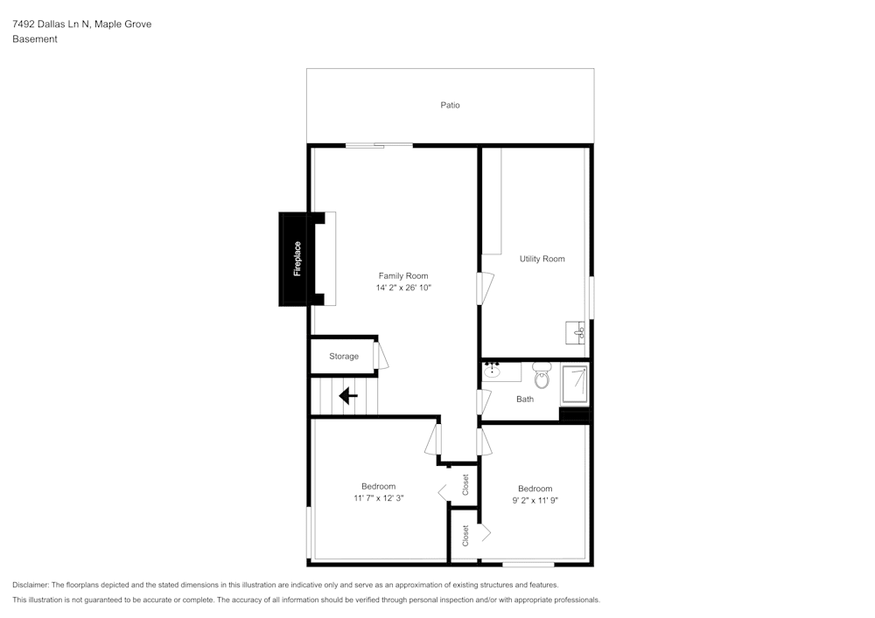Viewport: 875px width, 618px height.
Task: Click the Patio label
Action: (450, 105)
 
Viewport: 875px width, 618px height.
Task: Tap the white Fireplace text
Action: (297, 259)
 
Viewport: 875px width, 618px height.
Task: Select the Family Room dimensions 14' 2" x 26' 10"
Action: (403, 288)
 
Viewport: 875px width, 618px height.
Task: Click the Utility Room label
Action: (542, 259)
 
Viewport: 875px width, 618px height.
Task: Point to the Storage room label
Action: (344, 357)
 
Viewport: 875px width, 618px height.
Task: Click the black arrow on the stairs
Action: (348, 396)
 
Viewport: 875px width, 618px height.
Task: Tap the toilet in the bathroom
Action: (542, 378)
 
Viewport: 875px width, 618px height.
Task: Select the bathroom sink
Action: (493, 371)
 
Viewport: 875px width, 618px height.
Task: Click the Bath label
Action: (525, 399)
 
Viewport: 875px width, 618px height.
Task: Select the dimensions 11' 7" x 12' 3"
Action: (379, 498)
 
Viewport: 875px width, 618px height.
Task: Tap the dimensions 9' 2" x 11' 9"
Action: (535, 501)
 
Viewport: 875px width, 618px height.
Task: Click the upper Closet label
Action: (465, 484)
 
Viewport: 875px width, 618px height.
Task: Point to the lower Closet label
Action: (465, 534)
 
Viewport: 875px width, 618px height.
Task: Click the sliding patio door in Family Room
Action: (378, 145)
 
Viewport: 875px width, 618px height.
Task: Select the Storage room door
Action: (381, 355)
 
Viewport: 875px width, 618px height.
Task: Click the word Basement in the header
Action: (35, 39)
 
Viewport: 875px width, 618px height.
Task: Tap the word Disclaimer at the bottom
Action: (31, 585)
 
